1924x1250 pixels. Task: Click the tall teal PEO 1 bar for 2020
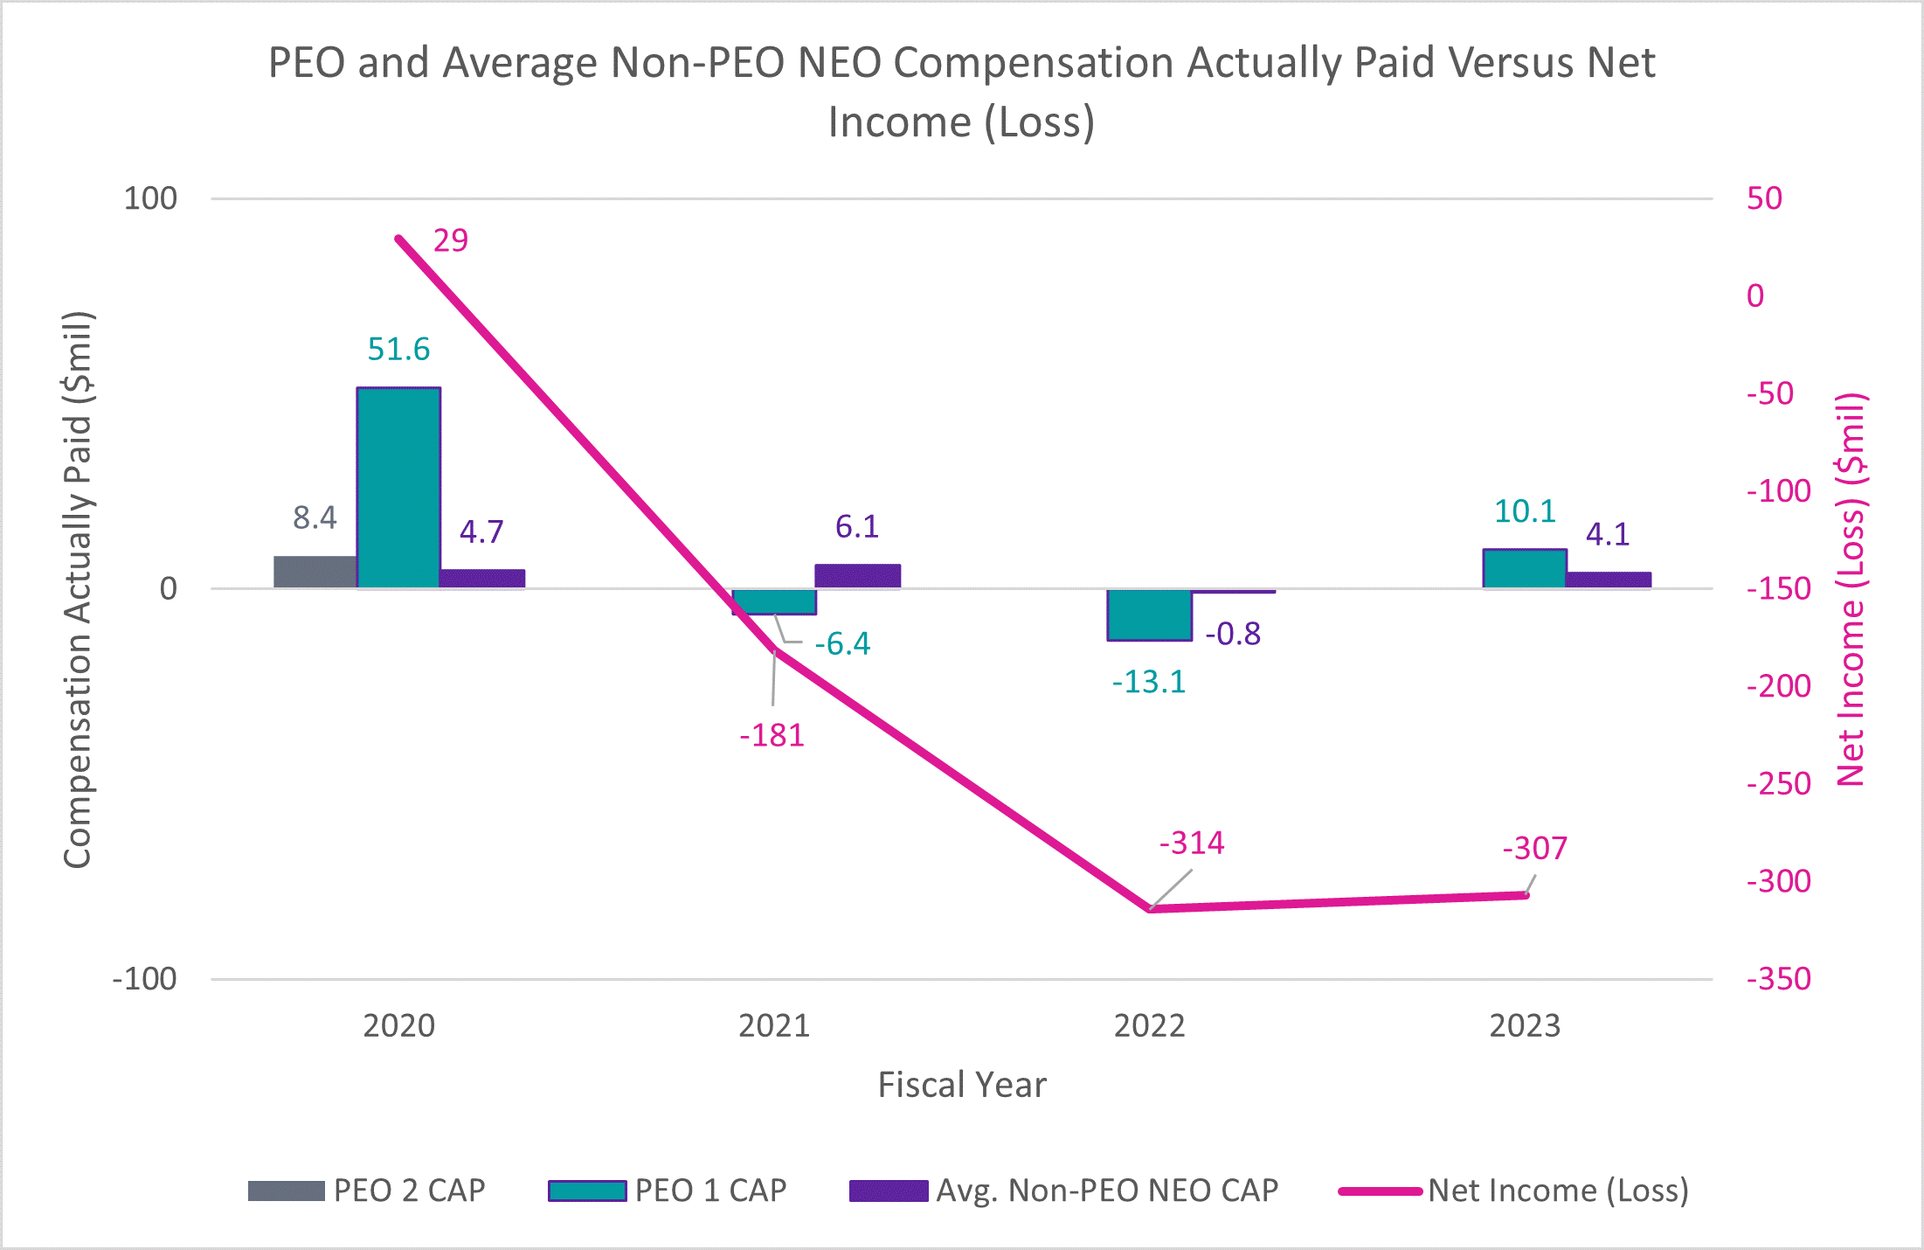click(398, 488)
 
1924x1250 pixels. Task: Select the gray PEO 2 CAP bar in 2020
click(315, 572)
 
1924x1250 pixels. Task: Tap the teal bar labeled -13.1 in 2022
click(1149, 615)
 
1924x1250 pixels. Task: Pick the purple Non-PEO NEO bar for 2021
click(857, 576)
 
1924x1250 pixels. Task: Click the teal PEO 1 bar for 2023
click(1524, 569)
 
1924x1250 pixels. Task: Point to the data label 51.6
click(398, 349)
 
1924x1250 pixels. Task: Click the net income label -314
click(1192, 843)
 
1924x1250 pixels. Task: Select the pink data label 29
click(451, 240)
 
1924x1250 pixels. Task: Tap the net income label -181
click(772, 735)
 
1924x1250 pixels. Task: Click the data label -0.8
click(1233, 634)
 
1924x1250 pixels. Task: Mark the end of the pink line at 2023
click(1526, 895)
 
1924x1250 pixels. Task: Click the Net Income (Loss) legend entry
click(1557, 1191)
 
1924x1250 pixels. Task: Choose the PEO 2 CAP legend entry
click(409, 1191)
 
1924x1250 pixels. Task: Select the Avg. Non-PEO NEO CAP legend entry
click(1106, 1191)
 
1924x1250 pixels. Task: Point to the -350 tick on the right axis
click(1778, 979)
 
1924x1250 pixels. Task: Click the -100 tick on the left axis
click(145, 979)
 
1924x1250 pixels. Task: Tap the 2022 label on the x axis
click(1149, 1025)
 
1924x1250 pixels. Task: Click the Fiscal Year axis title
click(961, 1085)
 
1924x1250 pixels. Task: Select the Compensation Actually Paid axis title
click(78, 589)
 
